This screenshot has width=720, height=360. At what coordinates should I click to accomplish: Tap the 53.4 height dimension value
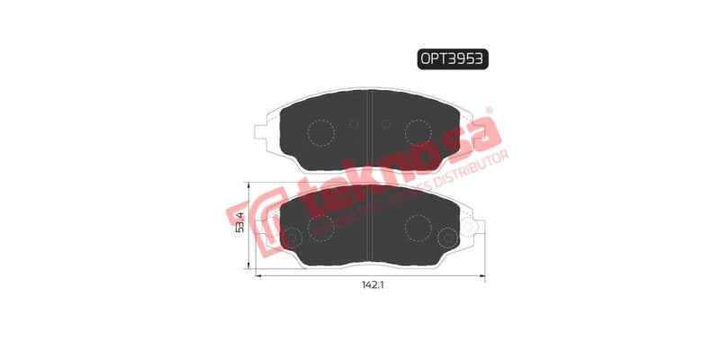pyautogui.click(x=240, y=222)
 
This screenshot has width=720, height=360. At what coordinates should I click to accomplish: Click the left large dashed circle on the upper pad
pyautogui.click(x=321, y=133)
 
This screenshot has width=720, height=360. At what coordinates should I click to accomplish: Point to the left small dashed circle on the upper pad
pyautogui.click(x=353, y=124)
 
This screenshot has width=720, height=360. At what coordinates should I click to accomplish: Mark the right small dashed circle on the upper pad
pyautogui.click(x=385, y=124)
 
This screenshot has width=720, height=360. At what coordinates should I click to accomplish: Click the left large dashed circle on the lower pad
pyautogui.click(x=321, y=225)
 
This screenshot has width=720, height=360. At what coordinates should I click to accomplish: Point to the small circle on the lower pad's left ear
pyautogui.click(x=291, y=237)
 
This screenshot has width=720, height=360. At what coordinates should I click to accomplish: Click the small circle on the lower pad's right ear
pyautogui.click(x=447, y=237)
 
